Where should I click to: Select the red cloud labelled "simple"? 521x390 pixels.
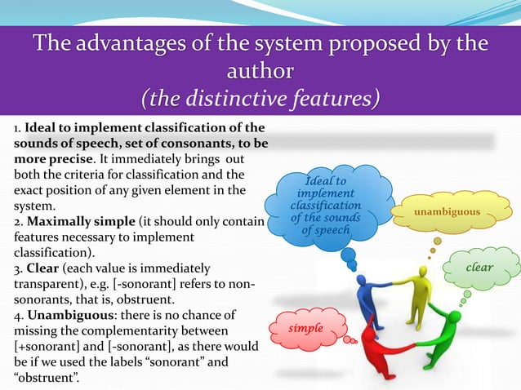[306, 328]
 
